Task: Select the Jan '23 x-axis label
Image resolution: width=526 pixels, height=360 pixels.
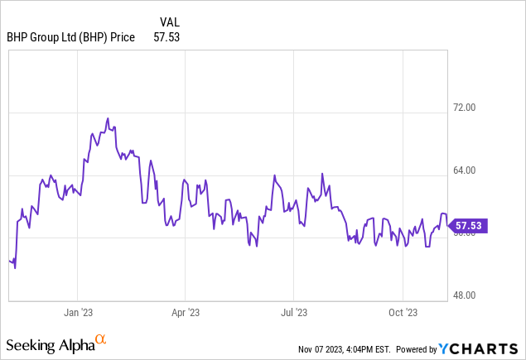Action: [x=77, y=312]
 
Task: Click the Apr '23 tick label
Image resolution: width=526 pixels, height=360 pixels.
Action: [x=185, y=312]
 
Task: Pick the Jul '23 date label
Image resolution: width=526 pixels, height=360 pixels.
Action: [x=294, y=312]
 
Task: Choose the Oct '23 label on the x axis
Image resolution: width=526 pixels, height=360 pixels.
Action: [x=403, y=312]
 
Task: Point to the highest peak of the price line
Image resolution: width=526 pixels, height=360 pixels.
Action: [x=108, y=118]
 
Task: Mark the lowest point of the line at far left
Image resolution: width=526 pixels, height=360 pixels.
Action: [x=15, y=268]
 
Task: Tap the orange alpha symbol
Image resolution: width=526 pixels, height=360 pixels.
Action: [x=101, y=340]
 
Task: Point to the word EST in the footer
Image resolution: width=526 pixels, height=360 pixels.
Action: [x=385, y=349]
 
